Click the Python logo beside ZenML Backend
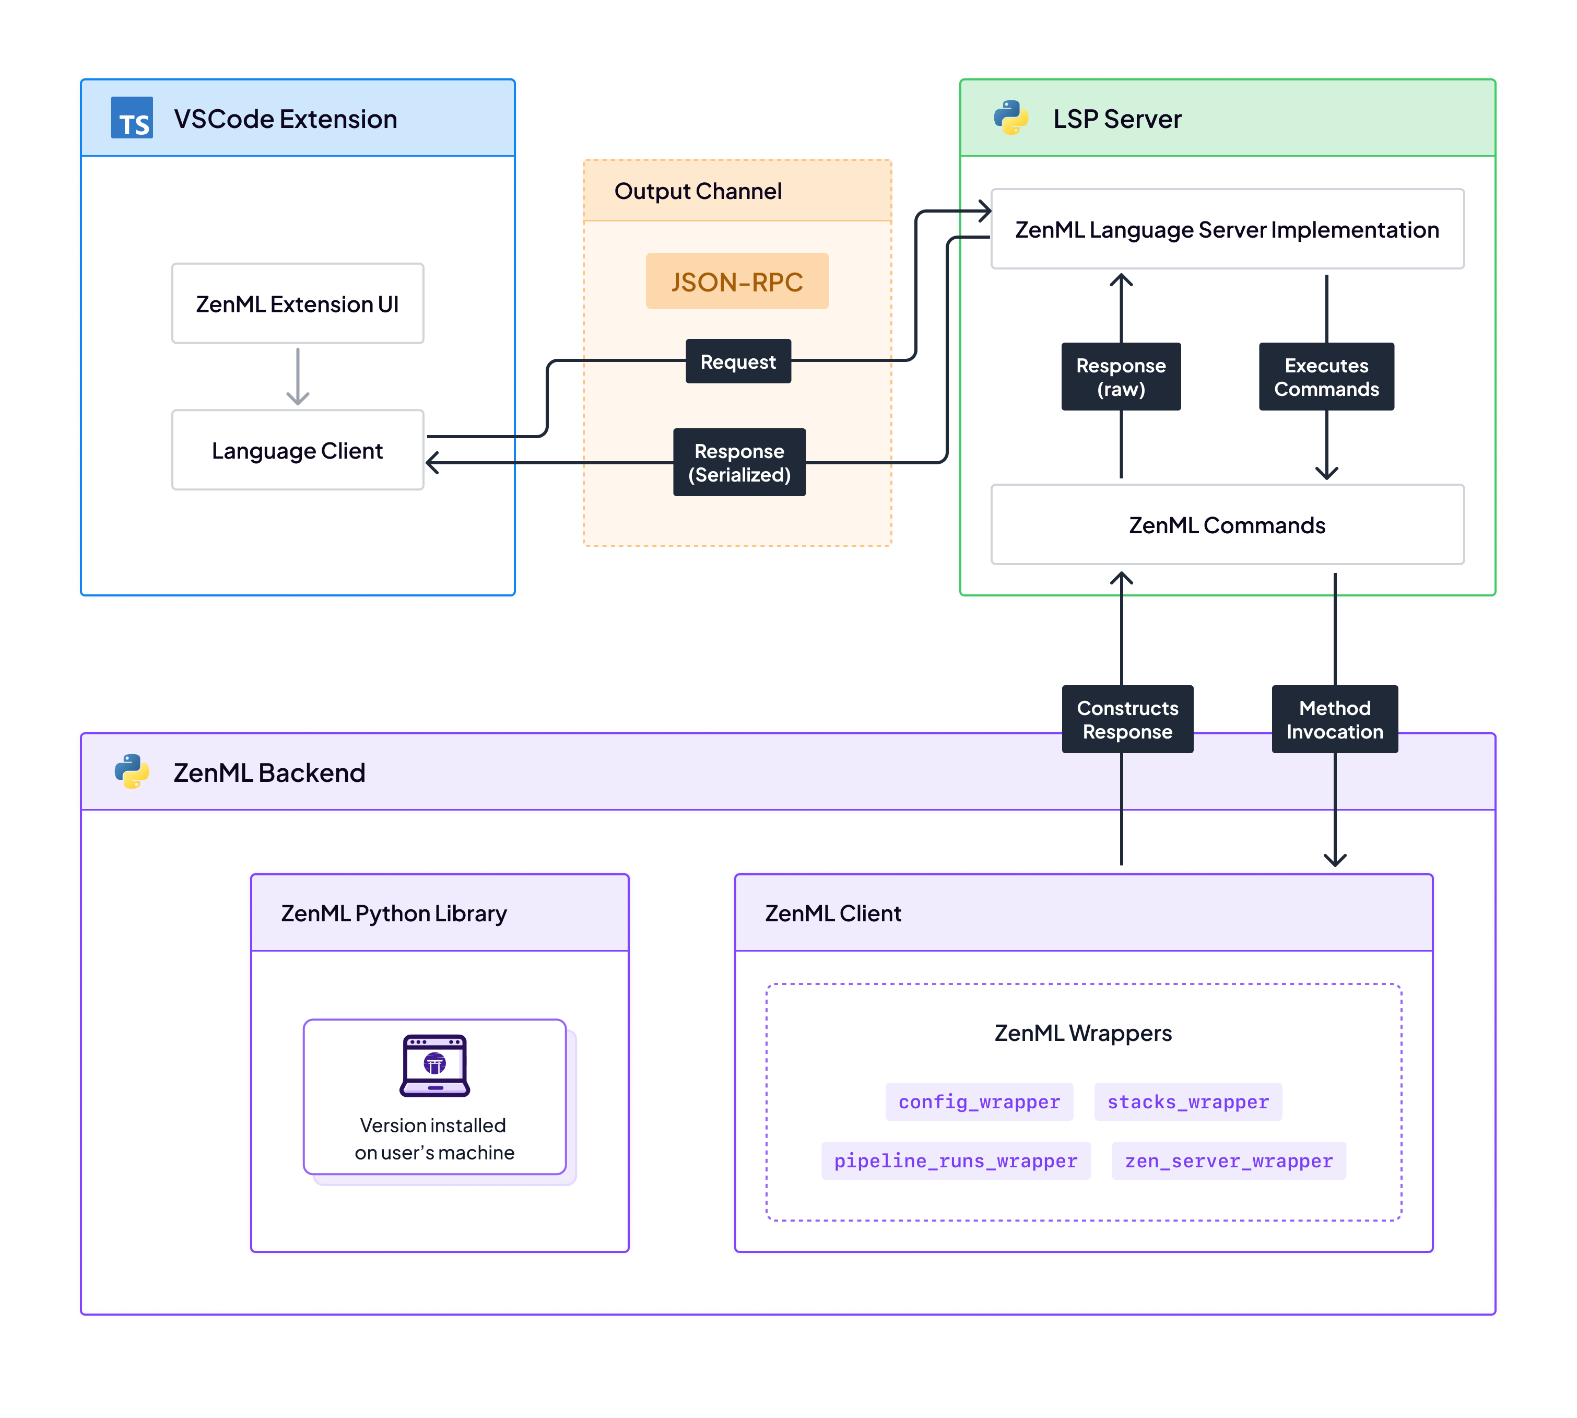(x=132, y=771)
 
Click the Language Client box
(x=298, y=450)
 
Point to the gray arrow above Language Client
(x=298, y=377)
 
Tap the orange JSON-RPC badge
(x=737, y=282)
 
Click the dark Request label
(x=737, y=361)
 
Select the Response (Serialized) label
(x=739, y=462)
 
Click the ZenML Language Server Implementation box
(x=1227, y=229)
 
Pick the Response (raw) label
(x=1121, y=377)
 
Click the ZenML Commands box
(x=1227, y=524)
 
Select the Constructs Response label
(x=1127, y=719)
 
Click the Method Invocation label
(x=1334, y=719)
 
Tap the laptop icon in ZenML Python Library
(x=434, y=1065)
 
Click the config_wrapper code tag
(x=979, y=1101)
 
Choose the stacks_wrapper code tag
(x=1187, y=1101)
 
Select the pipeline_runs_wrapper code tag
(x=956, y=1161)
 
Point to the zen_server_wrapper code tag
(x=1228, y=1161)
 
